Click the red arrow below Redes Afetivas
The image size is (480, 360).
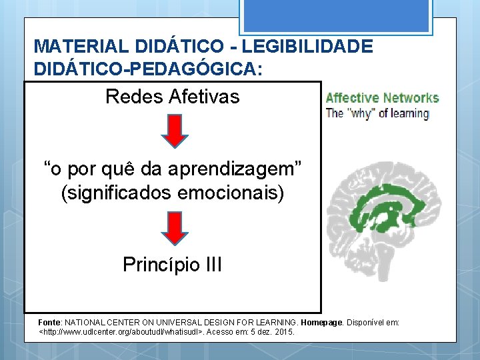(173, 131)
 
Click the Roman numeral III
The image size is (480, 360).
(213, 265)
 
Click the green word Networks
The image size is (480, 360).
(410, 98)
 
